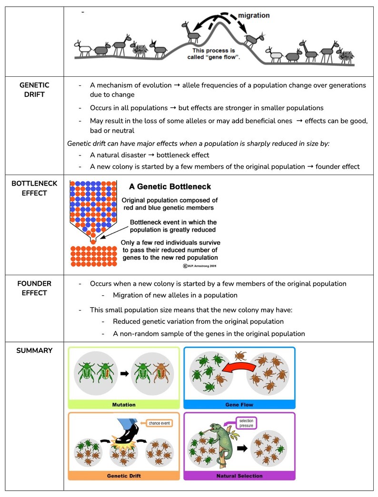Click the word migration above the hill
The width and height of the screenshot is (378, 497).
(x=254, y=15)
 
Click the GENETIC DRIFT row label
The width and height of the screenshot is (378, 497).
(x=34, y=90)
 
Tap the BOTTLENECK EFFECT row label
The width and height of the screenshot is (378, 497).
(x=34, y=188)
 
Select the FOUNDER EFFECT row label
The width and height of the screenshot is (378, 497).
(x=34, y=288)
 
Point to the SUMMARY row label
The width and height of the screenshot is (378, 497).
(x=34, y=351)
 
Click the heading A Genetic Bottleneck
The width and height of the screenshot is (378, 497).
(x=170, y=186)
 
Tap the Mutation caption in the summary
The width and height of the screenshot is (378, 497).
(x=124, y=404)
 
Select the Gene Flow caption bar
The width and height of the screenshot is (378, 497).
(x=239, y=404)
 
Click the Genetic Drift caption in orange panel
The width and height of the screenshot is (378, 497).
(x=124, y=476)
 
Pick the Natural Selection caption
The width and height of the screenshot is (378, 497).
(x=239, y=476)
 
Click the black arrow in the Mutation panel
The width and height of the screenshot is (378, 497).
(x=124, y=374)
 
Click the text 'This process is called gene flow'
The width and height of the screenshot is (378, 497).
(x=216, y=53)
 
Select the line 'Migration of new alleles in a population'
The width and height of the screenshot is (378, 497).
(x=175, y=295)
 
